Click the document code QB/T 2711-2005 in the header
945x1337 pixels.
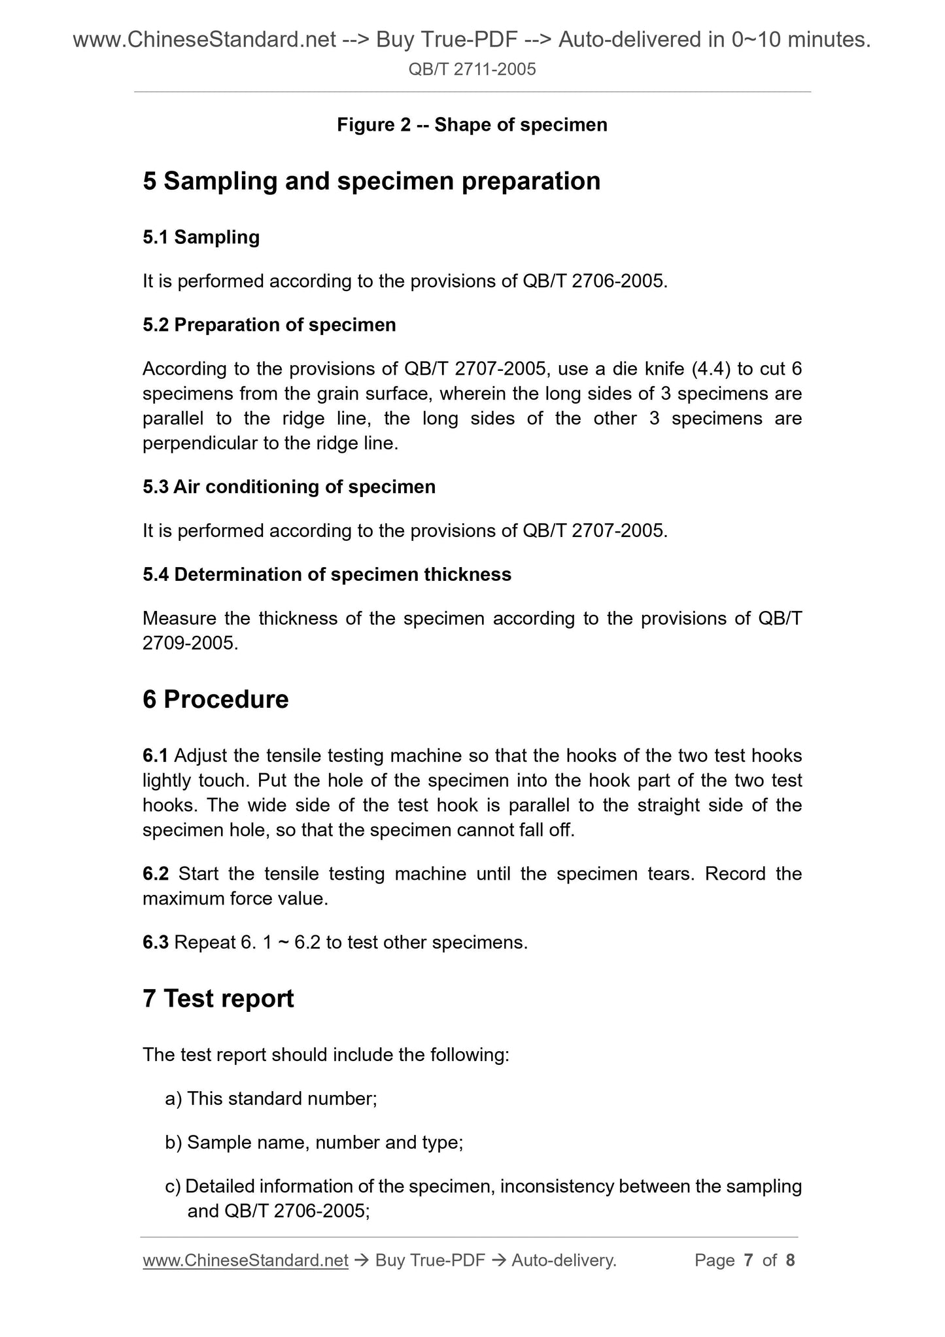pyautogui.click(x=472, y=69)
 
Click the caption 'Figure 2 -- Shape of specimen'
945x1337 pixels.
pyautogui.click(x=472, y=124)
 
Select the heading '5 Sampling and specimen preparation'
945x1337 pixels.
pyautogui.click(x=371, y=181)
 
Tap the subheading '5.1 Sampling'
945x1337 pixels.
pyautogui.click(x=201, y=237)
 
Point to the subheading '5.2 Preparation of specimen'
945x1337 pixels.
pyautogui.click(x=269, y=324)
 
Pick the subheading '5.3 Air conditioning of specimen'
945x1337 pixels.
pyautogui.click(x=288, y=487)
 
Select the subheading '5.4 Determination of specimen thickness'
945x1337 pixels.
pyautogui.click(x=326, y=574)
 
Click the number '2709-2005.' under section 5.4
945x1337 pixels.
pyautogui.click(x=190, y=643)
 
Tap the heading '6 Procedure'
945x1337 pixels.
pyautogui.click(x=215, y=699)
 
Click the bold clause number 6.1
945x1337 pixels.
pyautogui.click(x=155, y=755)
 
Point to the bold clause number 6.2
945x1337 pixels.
pyautogui.click(x=155, y=874)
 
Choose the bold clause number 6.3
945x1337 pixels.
pyautogui.click(x=155, y=943)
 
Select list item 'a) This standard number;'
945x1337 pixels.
pyautogui.click(x=271, y=1098)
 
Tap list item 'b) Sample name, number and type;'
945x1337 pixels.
pyautogui.click(x=314, y=1142)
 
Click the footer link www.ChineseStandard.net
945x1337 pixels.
pyautogui.click(x=245, y=1260)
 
